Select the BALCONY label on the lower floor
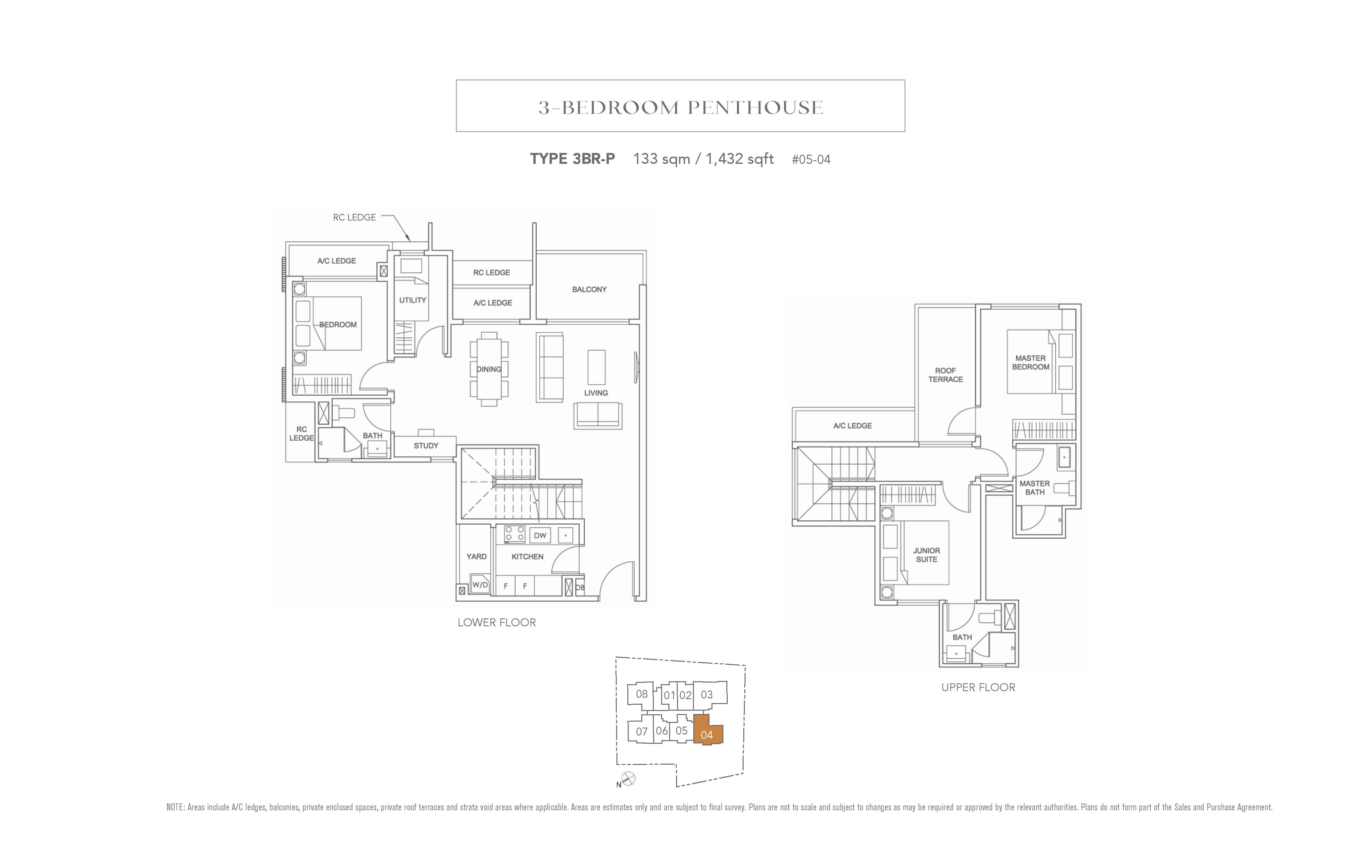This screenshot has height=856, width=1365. pyautogui.click(x=589, y=289)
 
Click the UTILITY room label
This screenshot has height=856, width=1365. pyautogui.click(x=413, y=300)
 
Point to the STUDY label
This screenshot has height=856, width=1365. pyautogui.click(x=426, y=446)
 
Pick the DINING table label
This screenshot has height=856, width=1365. pyautogui.click(x=489, y=369)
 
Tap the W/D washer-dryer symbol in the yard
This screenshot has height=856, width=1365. pyautogui.click(x=480, y=584)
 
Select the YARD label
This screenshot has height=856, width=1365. pyautogui.click(x=476, y=556)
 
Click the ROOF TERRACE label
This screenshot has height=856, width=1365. pyautogui.click(x=946, y=375)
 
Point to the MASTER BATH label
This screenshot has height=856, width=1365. pyautogui.click(x=1035, y=488)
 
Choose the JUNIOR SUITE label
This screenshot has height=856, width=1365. pyautogui.click(x=927, y=555)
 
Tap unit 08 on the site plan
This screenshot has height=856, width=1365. pyautogui.click(x=642, y=694)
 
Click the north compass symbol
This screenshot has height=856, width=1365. pyautogui.click(x=628, y=779)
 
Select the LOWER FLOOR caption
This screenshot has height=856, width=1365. pyautogui.click(x=497, y=623)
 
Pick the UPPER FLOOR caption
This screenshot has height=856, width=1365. pyautogui.click(x=978, y=687)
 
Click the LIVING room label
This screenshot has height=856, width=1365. pyautogui.click(x=596, y=393)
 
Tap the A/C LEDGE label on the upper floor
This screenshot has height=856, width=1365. pyautogui.click(x=853, y=426)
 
